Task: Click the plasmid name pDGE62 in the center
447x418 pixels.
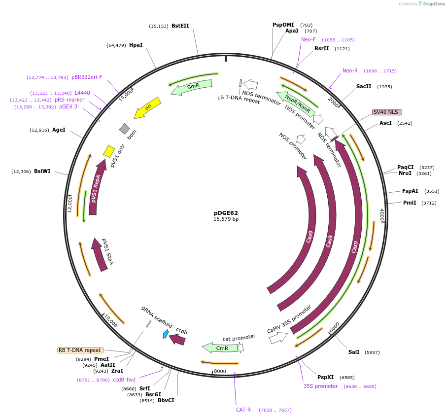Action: click(226, 213)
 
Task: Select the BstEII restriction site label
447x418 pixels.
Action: click(180, 26)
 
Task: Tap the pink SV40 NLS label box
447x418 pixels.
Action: click(387, 112)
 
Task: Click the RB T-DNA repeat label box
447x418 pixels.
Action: click(80, 350)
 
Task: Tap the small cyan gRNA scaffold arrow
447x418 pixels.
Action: click(166, 334)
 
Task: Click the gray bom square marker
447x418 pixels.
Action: click(124, 129)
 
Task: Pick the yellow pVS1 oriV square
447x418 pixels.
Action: click(109, 150)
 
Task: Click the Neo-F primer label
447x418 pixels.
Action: click(309, 39)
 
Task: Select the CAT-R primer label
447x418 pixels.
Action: click(243, 410)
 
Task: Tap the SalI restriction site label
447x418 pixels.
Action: click(354, 352)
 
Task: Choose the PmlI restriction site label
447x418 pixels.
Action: click(410, 203)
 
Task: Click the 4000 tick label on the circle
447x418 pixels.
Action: click(381, 214)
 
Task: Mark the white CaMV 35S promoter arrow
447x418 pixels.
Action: click(279, 337)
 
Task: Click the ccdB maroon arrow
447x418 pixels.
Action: click(177, 340)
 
